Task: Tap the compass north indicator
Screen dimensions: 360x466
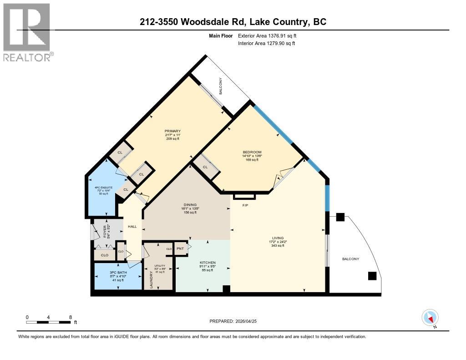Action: point(430,317)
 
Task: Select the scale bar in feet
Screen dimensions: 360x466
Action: point(49,322)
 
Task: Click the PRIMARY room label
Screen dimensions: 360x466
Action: point(172,131)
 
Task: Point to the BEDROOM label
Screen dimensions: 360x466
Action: point(252,152)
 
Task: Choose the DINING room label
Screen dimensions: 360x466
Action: point(189,205)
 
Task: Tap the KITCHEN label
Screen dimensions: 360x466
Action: point(207,263)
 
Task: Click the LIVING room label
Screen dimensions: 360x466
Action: point(278,238)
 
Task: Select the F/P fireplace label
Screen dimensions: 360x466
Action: point(244,204)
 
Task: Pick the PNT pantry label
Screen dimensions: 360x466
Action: point(180,249)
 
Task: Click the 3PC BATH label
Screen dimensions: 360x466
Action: point(117,272)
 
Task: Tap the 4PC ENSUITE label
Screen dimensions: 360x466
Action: point(102,187)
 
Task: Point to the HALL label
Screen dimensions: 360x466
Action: point(132,226)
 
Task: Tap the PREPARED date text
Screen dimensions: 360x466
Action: point(233,321)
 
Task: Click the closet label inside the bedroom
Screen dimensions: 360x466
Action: point(205,167)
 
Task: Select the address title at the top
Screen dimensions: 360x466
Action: point(233,21)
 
